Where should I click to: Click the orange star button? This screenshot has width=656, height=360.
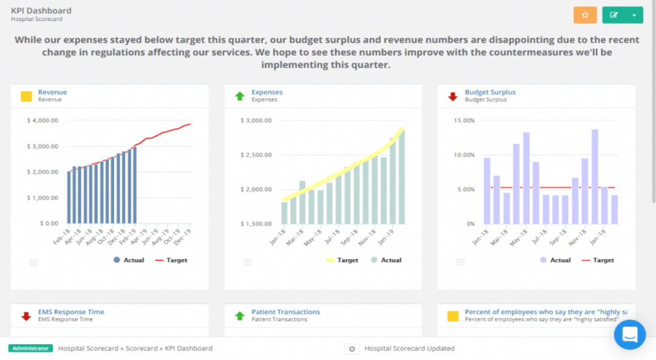[x=585, y=15]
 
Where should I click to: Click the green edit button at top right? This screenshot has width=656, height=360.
[x=614, y=15]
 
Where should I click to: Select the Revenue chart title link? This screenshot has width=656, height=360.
[x=52, y=92]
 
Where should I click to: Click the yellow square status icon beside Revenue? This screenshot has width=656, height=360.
[x=26, y=96]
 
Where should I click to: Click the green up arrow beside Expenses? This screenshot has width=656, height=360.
[x=239, y=96]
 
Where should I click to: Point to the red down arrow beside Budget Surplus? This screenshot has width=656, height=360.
[x=453, y=96]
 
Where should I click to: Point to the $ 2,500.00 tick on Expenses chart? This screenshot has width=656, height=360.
[x=256, y=155]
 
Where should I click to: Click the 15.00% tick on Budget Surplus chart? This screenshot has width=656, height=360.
[x=465, y=121]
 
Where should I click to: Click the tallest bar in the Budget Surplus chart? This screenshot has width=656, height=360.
[x=595, y=176]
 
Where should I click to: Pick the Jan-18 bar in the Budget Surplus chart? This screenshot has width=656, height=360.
[x=487, y=190]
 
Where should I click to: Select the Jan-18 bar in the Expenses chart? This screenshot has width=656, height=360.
[x=284, y=212]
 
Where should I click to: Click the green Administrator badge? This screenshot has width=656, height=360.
[x=30, y=348]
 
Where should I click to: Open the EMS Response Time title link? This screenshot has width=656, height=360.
[x=70, y=312]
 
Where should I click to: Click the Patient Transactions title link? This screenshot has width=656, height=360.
[x=285, y=312]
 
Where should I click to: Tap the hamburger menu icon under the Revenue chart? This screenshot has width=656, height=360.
[x=34, y=262]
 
